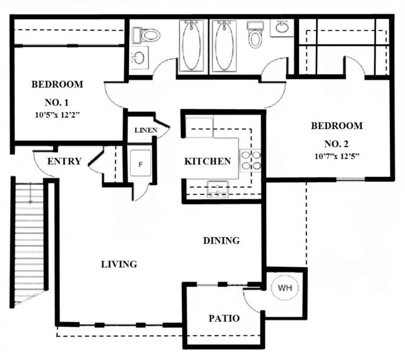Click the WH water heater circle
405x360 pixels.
point(284,288)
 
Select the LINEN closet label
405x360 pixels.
point(146,131)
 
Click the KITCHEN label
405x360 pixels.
point(207,161)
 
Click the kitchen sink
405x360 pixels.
point(217,189)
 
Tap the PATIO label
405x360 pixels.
point(224,318)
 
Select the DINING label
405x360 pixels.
point(222,241)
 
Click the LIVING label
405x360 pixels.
point(119,264)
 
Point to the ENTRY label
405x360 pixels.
point(64,161)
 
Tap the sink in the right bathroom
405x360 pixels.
point(282,27)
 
